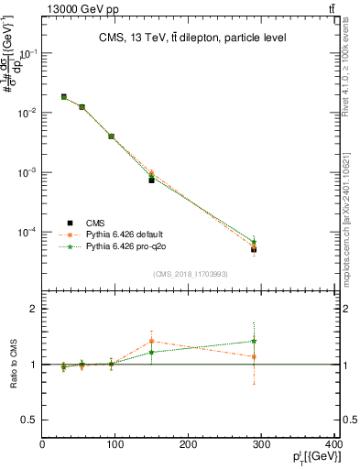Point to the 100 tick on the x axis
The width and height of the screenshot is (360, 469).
[x=115, y=446]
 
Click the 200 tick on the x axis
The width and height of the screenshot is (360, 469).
[x=189, y=446]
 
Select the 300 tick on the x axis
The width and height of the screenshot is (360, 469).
[x=262, y=446]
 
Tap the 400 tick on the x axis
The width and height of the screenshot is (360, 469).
[x=333, y=446]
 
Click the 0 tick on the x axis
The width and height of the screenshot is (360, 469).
[x=42, y=446]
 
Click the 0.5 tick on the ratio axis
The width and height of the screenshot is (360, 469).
[x=29, y=420]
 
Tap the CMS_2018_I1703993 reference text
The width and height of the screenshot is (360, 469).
[x=190, y=274]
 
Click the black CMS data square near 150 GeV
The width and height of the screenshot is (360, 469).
[x=152, y=180]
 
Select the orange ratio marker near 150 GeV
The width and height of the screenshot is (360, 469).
[x=152, y=342]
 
